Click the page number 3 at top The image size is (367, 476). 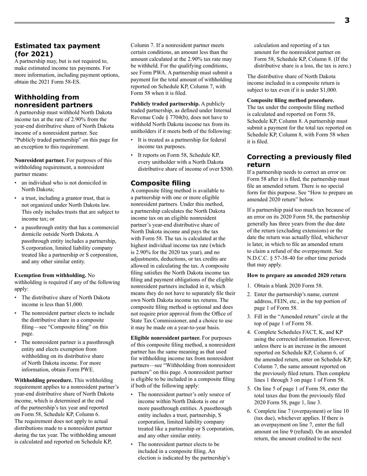coord(347,21)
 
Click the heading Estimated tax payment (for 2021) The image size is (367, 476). coord(57,50)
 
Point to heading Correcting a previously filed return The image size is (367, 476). coord(299,161)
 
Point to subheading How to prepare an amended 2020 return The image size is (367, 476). coord(296,275)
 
